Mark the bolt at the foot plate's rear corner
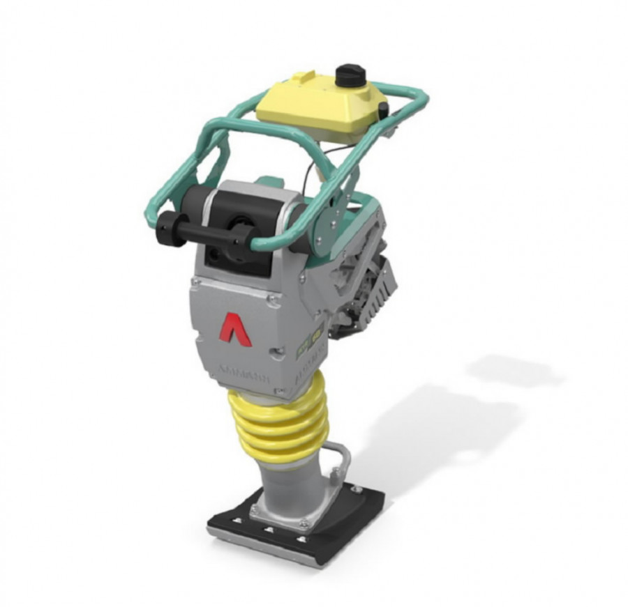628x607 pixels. pyautogui.click(x=362, y=495)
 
